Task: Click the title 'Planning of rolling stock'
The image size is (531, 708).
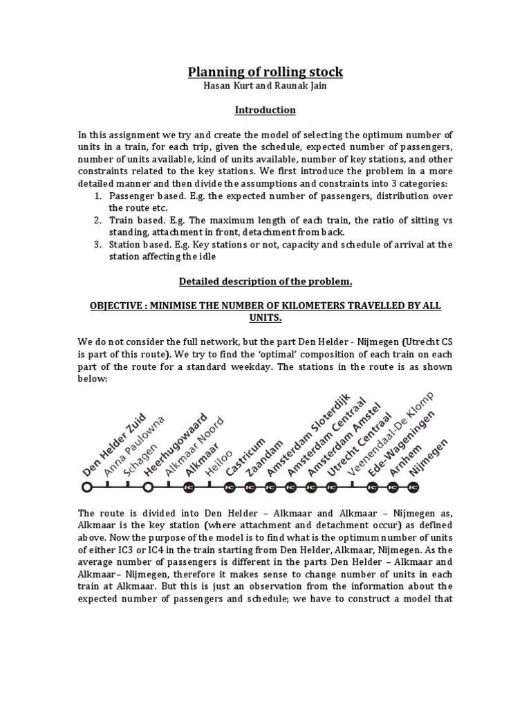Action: [265, 72]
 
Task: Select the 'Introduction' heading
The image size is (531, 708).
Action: [265, 110]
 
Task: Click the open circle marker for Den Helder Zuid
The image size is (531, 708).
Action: [86, 487]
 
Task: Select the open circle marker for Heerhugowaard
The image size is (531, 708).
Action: [148, 487]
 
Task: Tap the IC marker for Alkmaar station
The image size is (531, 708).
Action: [189, 487]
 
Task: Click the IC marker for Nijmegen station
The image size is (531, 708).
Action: [413, 487]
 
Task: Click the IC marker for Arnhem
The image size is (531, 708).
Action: [393, 487]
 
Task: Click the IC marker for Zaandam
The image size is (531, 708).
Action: [250, 487]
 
